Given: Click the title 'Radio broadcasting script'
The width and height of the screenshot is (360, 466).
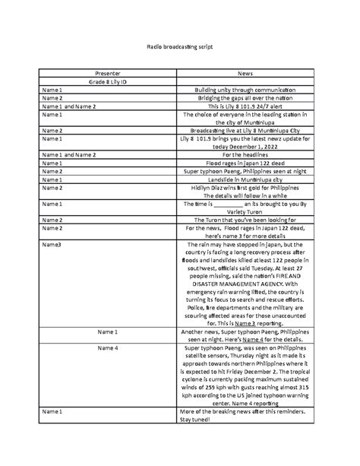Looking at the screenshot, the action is click(179, 47).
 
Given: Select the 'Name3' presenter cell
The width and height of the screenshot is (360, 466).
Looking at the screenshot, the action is click(52, 245).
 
